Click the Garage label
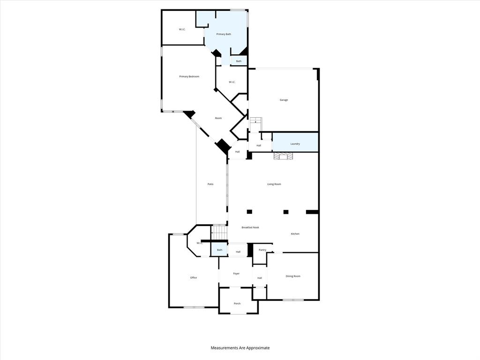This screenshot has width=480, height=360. coord(284,100)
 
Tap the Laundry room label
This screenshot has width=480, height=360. coord(295,144)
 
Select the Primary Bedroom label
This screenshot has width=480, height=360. coord(189,76)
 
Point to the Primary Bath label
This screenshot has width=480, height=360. coord(223,34)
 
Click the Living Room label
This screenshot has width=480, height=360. coord(274,184)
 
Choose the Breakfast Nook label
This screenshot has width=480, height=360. coord(250,227)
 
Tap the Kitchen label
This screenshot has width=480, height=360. coord(295,234)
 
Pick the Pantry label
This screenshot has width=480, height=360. coord(262,250)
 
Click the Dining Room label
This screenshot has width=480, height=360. coord(293,276)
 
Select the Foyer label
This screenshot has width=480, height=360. coord(236,274)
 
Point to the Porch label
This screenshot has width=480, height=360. coord(237,304)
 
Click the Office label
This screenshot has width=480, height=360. coord(193,278)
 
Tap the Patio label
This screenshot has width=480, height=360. coord(210,184)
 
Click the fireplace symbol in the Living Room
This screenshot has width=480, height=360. coord(283,156)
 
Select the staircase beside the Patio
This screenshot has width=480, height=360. coord(219,232)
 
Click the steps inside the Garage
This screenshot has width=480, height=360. coord(255,125)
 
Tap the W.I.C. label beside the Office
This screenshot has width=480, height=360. coord(199,243)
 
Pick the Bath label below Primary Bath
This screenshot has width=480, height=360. coord(239,61)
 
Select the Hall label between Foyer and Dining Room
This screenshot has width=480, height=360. coord(259,278)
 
